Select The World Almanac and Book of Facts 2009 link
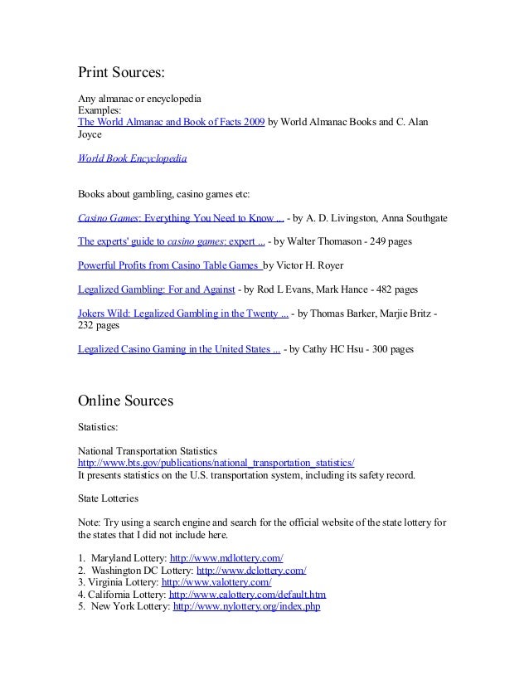pyautogui.click(x=172, y=121)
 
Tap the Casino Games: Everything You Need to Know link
pyautogui.click(x=181, y=219)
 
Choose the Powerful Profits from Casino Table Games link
pyautogui.click(x=169, y=267)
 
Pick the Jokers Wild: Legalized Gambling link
pyautogui.click(x=183, y=314)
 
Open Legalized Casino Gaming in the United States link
pyautogui.click(x=178, y=350)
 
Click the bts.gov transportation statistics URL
pyautogui.click(x=216, y=463)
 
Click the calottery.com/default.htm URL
pyautogui.click(x=247, y=595)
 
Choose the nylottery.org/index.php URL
pyautogui.click(x=246, y=607)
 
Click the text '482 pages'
pyautogui.click(x=396, y=291)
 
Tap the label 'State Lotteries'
pyautogui.click(x=108, y=499)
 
